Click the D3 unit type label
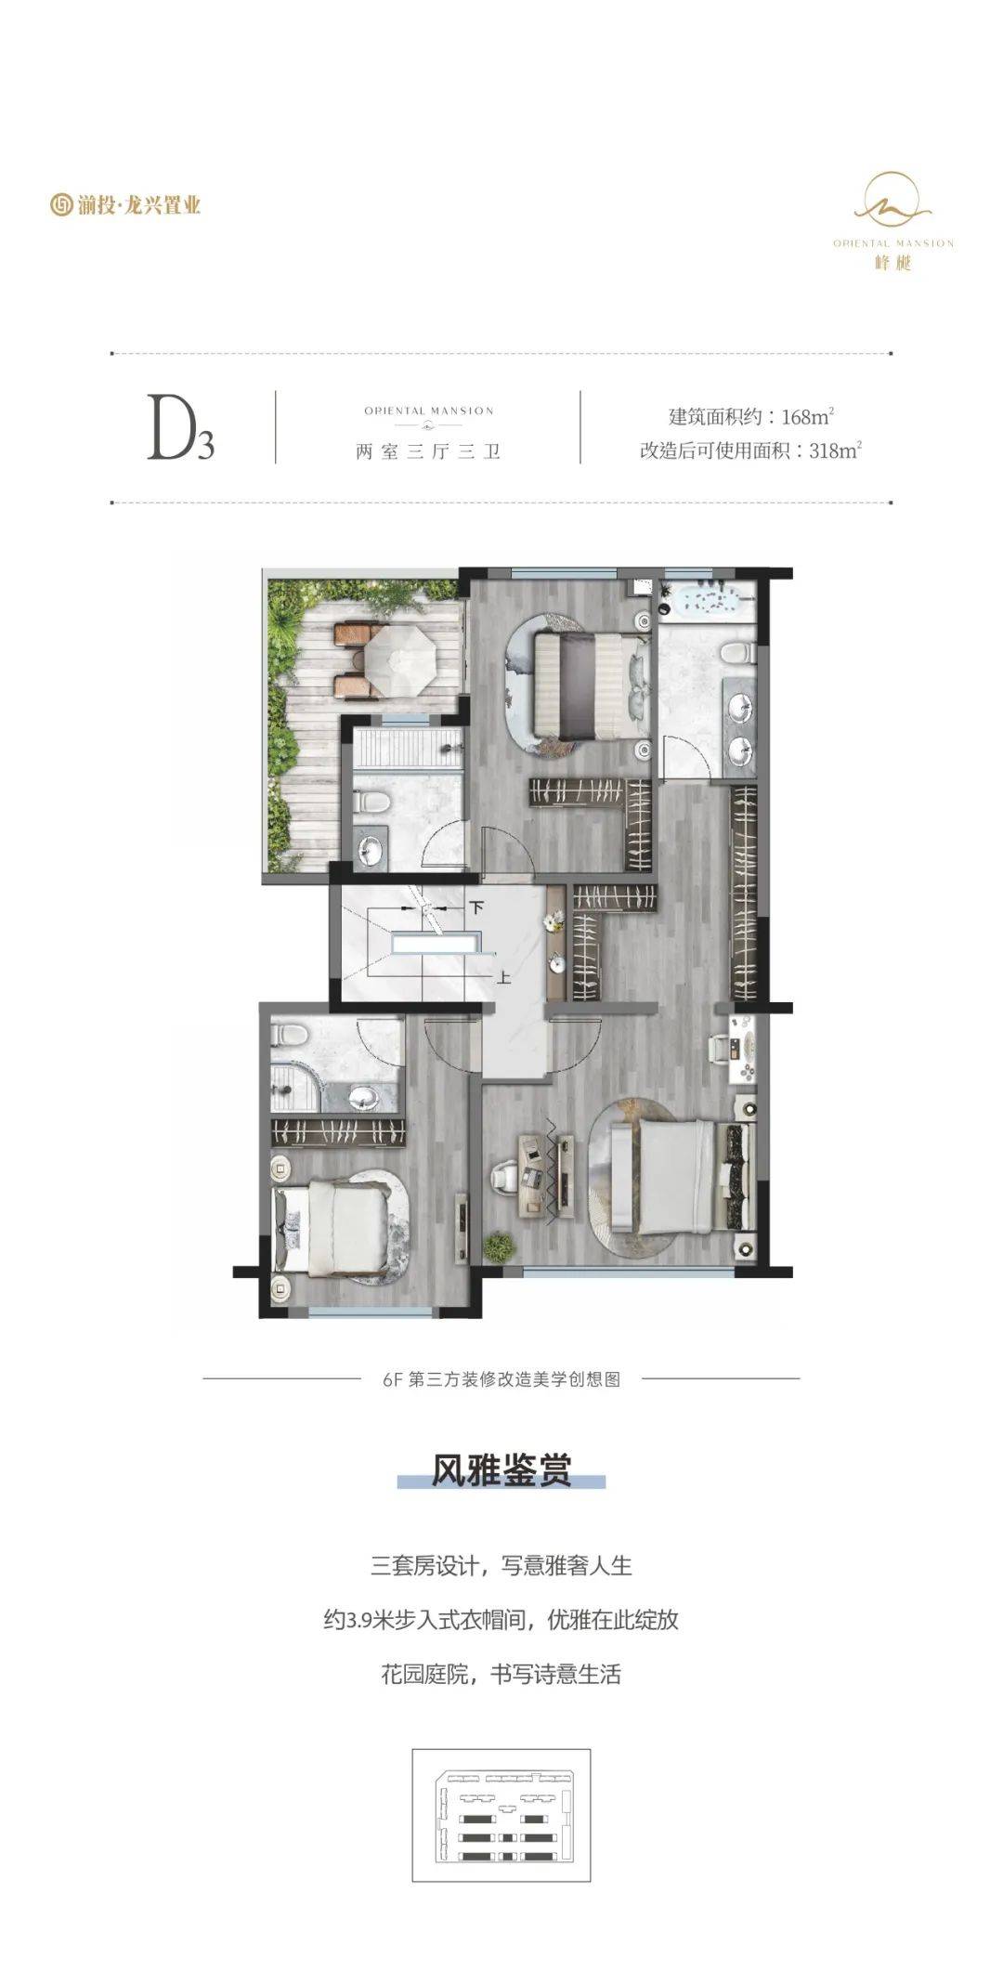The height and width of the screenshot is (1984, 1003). tap(181, 429)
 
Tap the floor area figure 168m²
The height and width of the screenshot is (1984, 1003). tap(808, 415)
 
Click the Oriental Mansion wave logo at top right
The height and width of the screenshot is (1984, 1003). tap(893, 198)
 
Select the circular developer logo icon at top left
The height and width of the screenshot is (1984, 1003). tap(61, 204)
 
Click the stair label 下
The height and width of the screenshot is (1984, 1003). tap(477, 907)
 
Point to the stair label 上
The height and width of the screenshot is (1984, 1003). tap(503, 978)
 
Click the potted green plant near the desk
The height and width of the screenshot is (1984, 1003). tap(500, 1246)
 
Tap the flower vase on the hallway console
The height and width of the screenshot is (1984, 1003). tap(554, 920)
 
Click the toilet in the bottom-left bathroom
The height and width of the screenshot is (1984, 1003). tap(286, 1034)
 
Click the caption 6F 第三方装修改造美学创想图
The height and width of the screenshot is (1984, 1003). tap(501, 1379)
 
